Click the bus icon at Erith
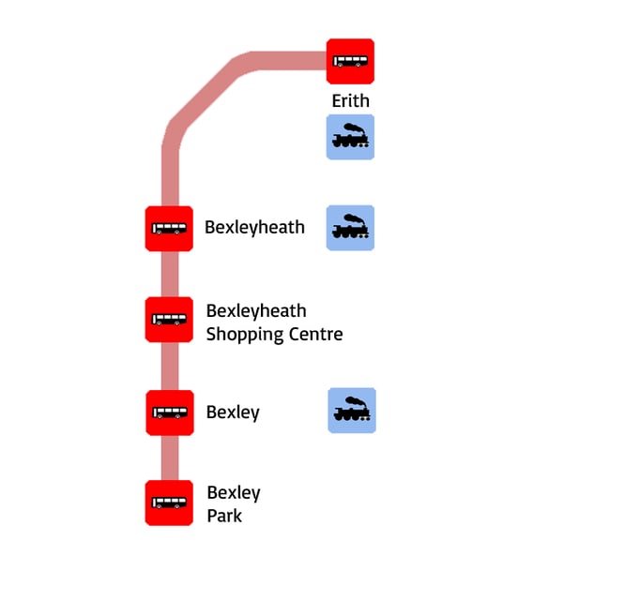click(x=350, y=61)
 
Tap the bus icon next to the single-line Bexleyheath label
click(x=169, y=228)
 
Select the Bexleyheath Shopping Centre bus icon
click(x=169, y=319)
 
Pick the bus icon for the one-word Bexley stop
click(x=170, y=413)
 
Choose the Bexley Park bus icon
click(x=169, y=503)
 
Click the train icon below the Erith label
click(x=350, y=138)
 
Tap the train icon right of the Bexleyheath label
click(x=350, y=228)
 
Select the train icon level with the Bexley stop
click(x=352, y=411)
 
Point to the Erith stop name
click(x=350, y=100)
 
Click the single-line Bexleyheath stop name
click(x=254, y=227)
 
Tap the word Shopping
click(x=246, y=335)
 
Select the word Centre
click(x=316, y=334)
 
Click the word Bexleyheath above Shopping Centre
click(x=256, y=311)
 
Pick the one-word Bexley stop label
click(x=233, y=413)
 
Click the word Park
click(x=224, y=516)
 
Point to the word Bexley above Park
click(x=234, y=493)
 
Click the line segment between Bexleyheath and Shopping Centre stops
click(x=169, y=274)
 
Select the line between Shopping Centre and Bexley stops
click(x=169, y=366)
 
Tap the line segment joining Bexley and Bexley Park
click(x=169, y=458)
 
